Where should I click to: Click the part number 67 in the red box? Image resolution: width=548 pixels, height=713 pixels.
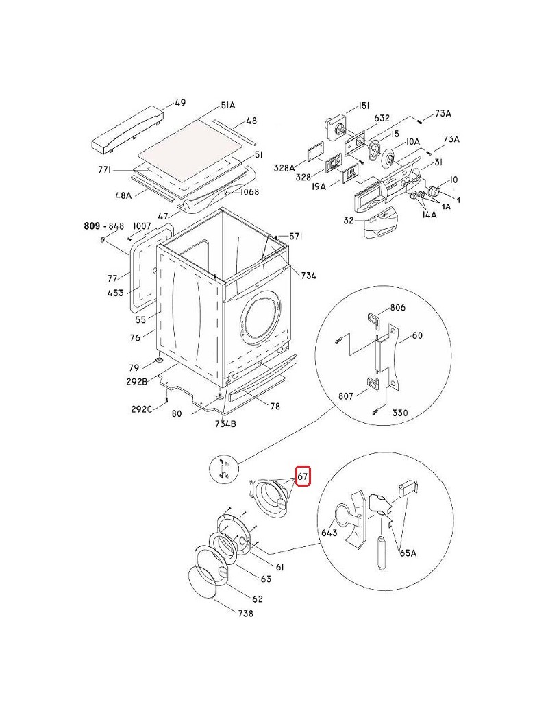point(303,476)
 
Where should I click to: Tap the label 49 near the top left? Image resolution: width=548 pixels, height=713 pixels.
point(180,102)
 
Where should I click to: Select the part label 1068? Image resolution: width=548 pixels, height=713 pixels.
point(249,192)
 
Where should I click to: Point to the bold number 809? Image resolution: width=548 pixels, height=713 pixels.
point(92,226)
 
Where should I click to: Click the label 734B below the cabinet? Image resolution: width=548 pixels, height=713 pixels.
point(225,424)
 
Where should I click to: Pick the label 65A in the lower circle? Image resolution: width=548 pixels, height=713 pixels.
point(408,553)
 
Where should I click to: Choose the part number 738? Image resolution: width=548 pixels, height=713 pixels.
point(245,614)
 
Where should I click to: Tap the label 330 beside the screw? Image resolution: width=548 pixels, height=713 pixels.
point(400,413)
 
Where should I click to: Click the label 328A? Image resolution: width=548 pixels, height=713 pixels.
point(284,168)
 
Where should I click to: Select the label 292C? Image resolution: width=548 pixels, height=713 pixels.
point(141,409)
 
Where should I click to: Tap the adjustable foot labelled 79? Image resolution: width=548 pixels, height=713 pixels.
point(160,361)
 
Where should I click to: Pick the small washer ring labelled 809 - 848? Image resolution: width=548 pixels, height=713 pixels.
point(103,239)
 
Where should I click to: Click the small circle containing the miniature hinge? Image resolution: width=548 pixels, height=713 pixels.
point(222,468)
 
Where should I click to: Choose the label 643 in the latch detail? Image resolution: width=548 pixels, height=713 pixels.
point(329,532)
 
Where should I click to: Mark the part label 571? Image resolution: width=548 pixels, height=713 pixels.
point(296,236)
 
